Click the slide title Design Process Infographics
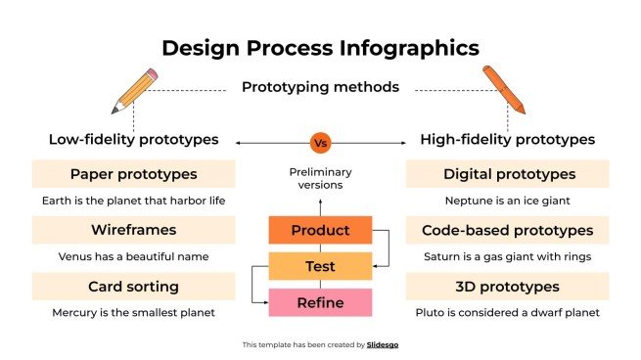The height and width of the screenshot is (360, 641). [x=320, y=47]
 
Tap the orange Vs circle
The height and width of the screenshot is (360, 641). [x=320, y=143]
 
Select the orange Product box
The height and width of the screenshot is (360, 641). [x=320, y=231]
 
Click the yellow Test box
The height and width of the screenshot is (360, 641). [x=320, y=266]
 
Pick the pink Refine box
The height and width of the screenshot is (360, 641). [x=320, y=302]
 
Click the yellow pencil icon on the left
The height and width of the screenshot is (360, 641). [x=134, y=91]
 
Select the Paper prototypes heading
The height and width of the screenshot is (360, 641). [x=133, y=174]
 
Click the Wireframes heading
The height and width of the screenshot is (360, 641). [x=133, y=231]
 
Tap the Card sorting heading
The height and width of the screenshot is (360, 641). [x=133, y=287]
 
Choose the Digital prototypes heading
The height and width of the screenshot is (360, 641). [x=507, y=174]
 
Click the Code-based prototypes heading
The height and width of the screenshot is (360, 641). [x=507, y=231]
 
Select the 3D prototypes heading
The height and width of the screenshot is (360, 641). [x=507, y=287]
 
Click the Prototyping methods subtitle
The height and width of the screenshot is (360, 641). [x=320, y=87]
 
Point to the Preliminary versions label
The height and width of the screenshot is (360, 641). [x=320, y=178]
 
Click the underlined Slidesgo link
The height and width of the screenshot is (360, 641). [x=383, y=344]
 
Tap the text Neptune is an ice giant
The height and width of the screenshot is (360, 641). [x=507, y=201]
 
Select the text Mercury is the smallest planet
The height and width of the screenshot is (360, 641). [x=133, y=313]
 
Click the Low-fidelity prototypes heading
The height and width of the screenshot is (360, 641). [x=133, y=140]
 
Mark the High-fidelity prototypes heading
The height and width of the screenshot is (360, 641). [x=507, y=140]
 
